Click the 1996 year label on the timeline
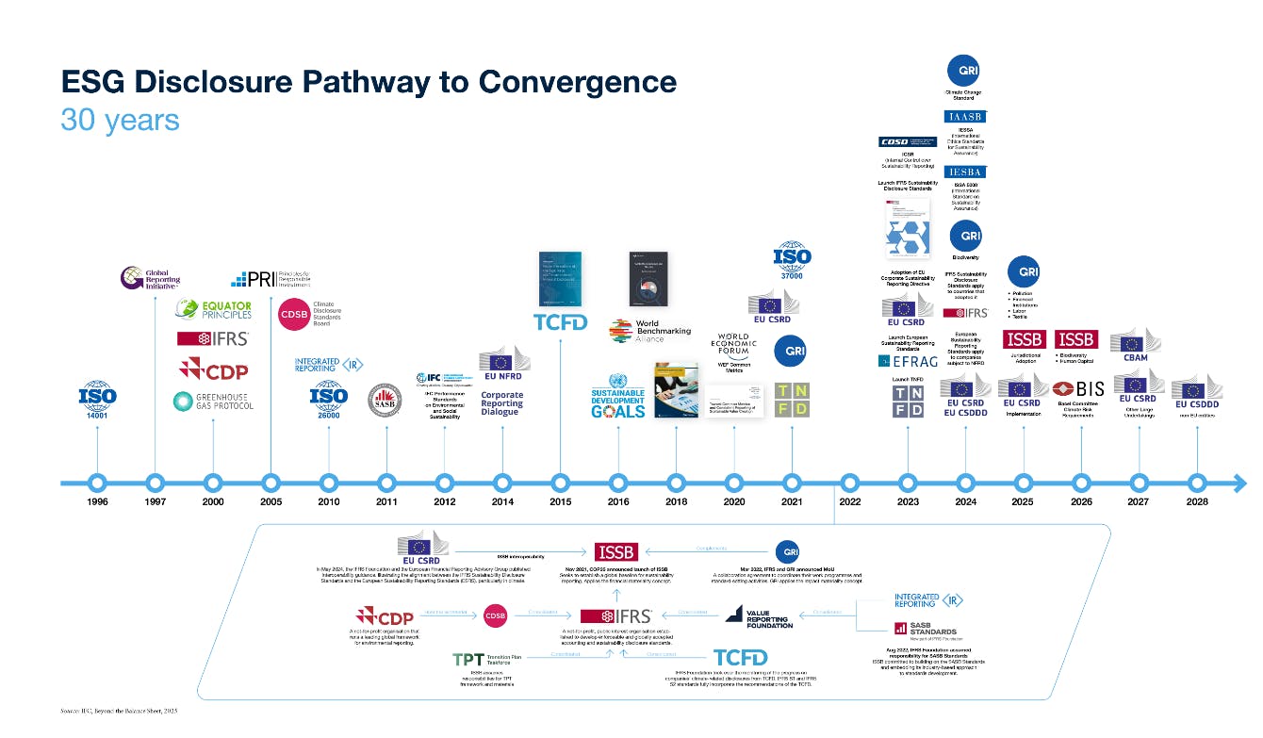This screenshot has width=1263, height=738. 97,502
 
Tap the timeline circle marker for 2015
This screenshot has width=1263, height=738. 561,483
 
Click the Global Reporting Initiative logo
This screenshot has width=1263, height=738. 151,278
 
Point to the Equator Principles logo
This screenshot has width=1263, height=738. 213,309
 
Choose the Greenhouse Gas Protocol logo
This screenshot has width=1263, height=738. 213,401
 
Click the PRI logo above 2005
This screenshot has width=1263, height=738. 271,279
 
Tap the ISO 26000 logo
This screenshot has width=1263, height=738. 329,402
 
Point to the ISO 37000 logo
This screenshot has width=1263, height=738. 792,259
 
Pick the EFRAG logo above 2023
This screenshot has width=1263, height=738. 907,360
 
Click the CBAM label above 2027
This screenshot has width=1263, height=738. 1136,357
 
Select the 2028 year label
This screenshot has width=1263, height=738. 1196,502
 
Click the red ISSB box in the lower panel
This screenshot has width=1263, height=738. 615,552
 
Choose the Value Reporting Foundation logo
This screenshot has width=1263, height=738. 759,617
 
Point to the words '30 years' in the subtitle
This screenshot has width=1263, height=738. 120,121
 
